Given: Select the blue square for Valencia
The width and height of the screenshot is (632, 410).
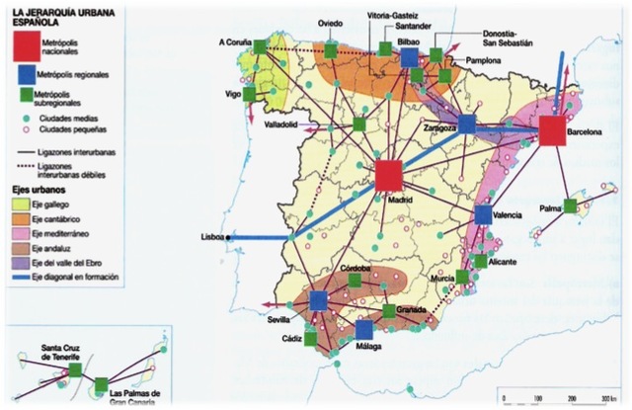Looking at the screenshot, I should pyautogui.click(x=483, y=214).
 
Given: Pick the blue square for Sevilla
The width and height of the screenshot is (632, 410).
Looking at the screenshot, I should pyautogui.click(x=318, y=300).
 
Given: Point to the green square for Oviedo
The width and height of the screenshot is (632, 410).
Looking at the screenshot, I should pyautogui.click(x=331, y=49).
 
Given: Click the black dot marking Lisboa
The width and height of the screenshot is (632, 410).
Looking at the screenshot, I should pyautogui.click(x=228, y=237).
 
